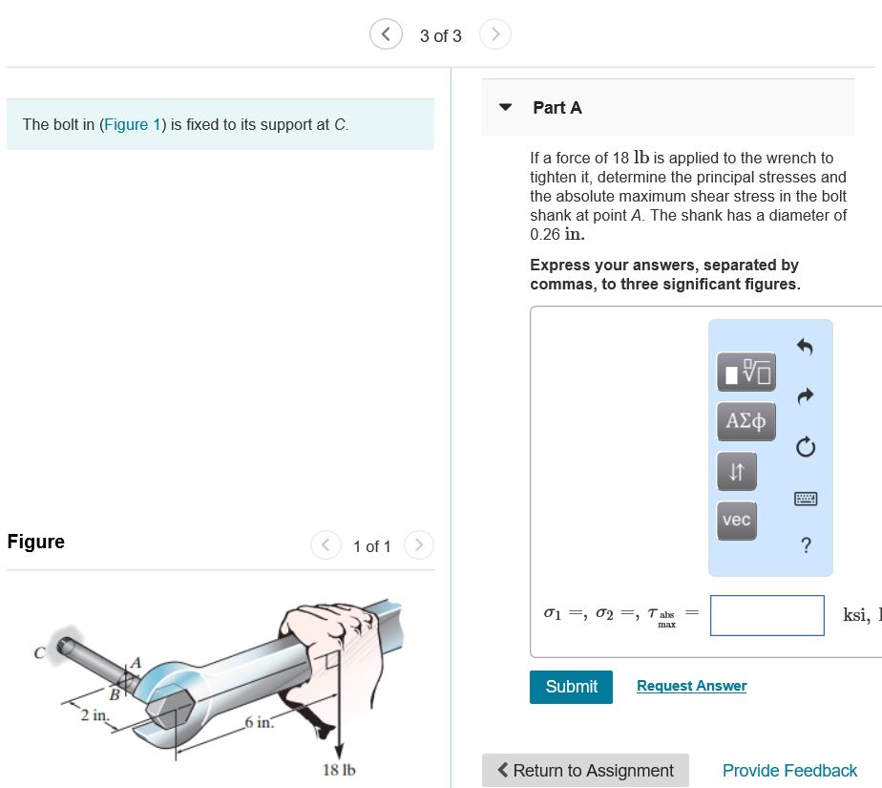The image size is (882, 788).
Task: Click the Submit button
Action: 571,687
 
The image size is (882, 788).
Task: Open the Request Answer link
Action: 691,686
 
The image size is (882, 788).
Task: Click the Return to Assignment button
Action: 585,770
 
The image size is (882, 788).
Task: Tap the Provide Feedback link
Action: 789,770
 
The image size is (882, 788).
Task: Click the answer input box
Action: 766,615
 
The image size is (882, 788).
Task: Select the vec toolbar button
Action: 736,521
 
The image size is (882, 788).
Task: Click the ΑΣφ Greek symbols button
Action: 745,420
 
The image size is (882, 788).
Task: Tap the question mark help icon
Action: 806,545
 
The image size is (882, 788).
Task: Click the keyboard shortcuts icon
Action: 805,499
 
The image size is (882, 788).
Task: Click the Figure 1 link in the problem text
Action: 126,124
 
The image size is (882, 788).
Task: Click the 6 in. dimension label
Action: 259,723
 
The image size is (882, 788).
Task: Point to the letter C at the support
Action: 40,653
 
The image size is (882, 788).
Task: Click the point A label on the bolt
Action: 136,662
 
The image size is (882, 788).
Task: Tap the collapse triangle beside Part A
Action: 507,107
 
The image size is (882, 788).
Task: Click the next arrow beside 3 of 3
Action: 494,35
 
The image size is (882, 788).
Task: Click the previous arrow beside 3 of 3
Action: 386,35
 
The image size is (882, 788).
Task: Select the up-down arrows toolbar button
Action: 736,470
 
